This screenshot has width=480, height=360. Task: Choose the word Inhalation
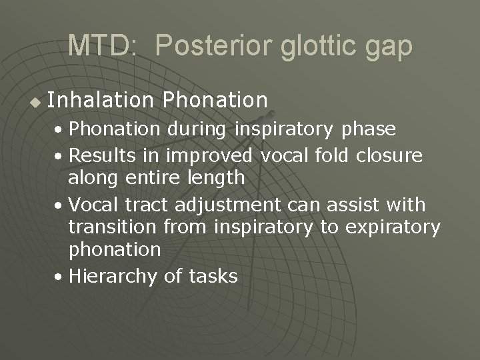click(101, 100)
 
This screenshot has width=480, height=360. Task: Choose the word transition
click(113, 227)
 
